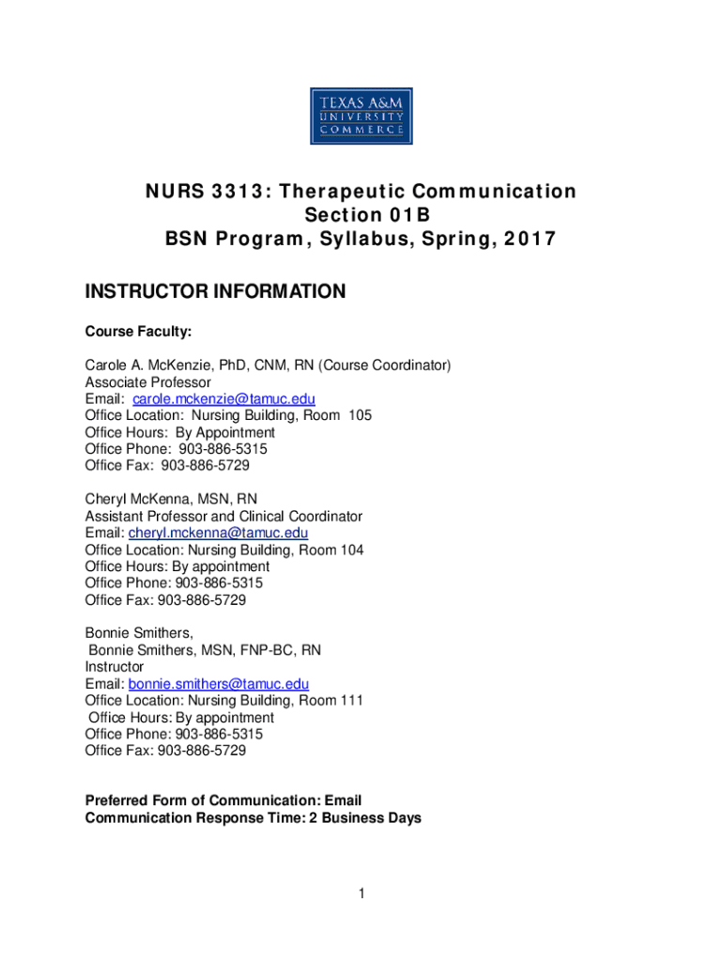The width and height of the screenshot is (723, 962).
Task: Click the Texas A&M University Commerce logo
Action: [x=361, y=116]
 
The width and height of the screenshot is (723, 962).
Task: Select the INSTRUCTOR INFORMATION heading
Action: [x=215, y=292]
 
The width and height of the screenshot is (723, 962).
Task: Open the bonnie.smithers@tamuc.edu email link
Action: [x=218, y=684]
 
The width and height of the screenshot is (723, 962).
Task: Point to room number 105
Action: [x=360, y=415]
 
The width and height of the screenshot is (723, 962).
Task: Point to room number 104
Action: [x=352, y=550]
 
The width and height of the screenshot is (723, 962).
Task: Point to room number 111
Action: [x=352, y=701]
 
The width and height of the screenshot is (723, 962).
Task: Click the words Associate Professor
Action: [x=147, y=382]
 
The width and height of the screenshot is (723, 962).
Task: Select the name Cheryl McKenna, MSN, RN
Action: [x=171, y=499]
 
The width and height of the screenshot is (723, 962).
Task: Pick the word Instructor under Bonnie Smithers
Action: [x=114, y=667]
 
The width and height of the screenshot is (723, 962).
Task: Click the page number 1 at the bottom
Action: [x=361, y=893]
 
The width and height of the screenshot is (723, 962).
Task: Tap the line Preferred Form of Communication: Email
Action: [x=223, y=801]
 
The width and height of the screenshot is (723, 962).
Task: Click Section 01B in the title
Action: [x=361, y=216]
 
